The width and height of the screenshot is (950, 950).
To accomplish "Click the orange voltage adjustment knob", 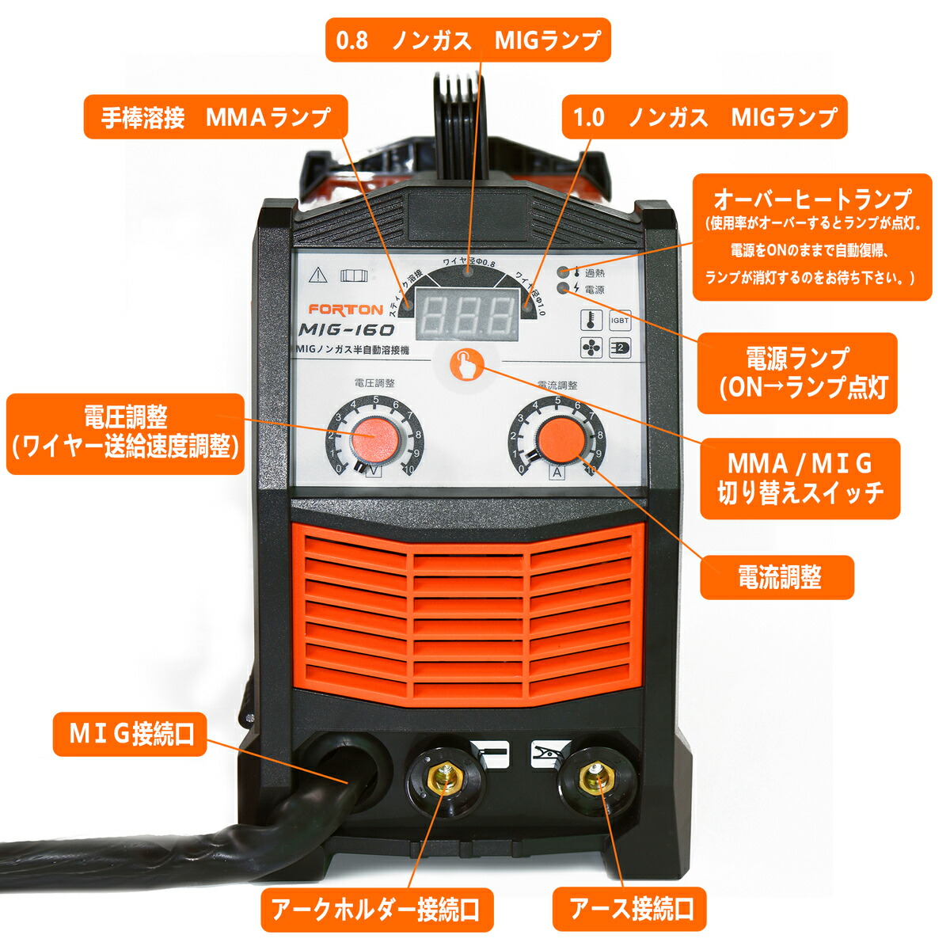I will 374,437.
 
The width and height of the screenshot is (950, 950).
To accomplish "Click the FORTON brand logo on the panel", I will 345,310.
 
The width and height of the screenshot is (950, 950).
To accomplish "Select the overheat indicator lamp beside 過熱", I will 563,272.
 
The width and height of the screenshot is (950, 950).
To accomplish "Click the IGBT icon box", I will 620,321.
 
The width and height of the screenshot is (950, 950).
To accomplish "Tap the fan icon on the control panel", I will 591,347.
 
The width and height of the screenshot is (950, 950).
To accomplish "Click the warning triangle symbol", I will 318,275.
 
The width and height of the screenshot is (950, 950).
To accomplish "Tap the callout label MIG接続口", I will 131,734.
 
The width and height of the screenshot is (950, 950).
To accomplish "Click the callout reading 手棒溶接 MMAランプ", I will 215,118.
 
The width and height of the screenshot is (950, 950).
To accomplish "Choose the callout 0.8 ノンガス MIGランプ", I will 468,40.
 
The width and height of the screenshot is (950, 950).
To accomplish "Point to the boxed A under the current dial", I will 557,473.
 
